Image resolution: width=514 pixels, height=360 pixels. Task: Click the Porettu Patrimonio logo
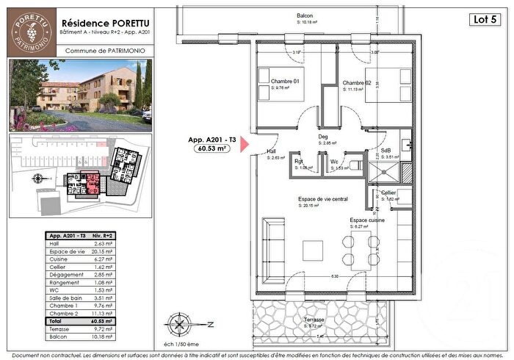tap(30, 29)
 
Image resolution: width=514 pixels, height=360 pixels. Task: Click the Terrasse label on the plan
tap(316, 320)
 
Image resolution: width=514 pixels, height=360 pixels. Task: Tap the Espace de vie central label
tap(322, 199)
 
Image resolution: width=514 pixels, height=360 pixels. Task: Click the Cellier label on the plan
tap(388, 192)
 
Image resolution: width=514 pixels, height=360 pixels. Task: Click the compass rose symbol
tap(181, 323)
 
